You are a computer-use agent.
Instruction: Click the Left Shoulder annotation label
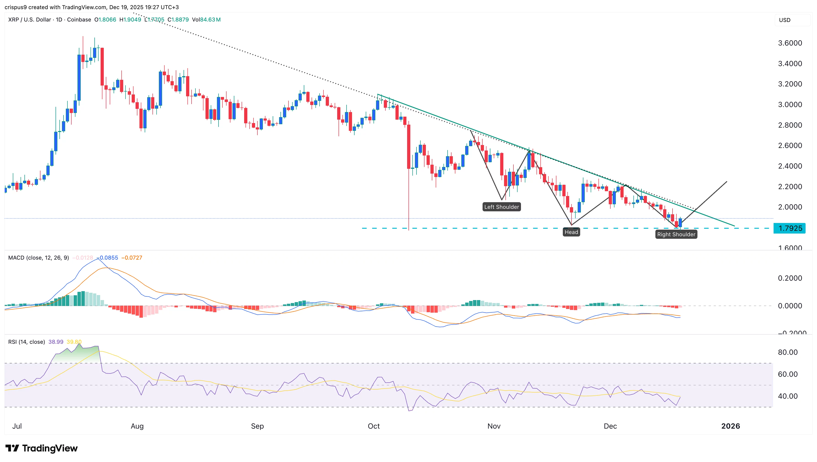502,207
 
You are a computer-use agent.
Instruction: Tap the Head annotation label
571,232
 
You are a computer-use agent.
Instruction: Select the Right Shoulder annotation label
676,234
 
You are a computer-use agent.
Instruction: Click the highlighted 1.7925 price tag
790,228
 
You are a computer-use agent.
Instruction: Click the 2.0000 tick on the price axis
790,207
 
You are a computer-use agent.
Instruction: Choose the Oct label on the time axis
374,426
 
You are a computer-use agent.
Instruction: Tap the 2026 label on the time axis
730,426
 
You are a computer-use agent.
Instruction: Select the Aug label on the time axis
137,426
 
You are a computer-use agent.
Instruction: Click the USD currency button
785,20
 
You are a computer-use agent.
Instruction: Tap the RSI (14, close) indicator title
26,342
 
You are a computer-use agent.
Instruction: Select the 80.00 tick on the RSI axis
788,352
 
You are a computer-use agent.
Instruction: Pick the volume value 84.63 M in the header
210,20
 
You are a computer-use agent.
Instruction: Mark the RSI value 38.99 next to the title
56,342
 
